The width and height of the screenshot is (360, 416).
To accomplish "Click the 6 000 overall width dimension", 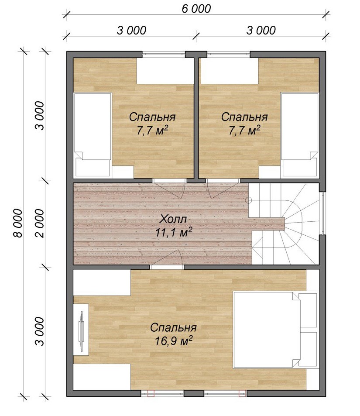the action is (196, 9).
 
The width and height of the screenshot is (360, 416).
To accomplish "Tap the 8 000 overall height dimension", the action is (18, 223).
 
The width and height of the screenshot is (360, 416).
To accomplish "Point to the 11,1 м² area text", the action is (174, 232).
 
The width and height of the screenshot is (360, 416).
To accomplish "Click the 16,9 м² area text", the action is (174, 341).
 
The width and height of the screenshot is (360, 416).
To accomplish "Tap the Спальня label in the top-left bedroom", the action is (152, 117).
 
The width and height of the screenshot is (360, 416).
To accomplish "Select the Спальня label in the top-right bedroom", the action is (244, 117).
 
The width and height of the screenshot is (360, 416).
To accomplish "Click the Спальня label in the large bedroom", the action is (173, 328).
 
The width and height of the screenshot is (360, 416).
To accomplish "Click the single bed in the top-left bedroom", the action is (93, 134).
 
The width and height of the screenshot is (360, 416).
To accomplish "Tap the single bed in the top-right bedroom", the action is (300, 134).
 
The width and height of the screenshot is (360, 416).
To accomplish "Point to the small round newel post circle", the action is (249, 200).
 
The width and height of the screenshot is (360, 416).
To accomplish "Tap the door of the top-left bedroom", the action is (169, 189).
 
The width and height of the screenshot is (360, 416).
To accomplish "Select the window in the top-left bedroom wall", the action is (164, 55).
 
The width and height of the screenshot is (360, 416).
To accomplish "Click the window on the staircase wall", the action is (322, 213).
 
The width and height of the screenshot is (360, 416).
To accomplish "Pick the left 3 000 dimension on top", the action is (131, 30).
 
